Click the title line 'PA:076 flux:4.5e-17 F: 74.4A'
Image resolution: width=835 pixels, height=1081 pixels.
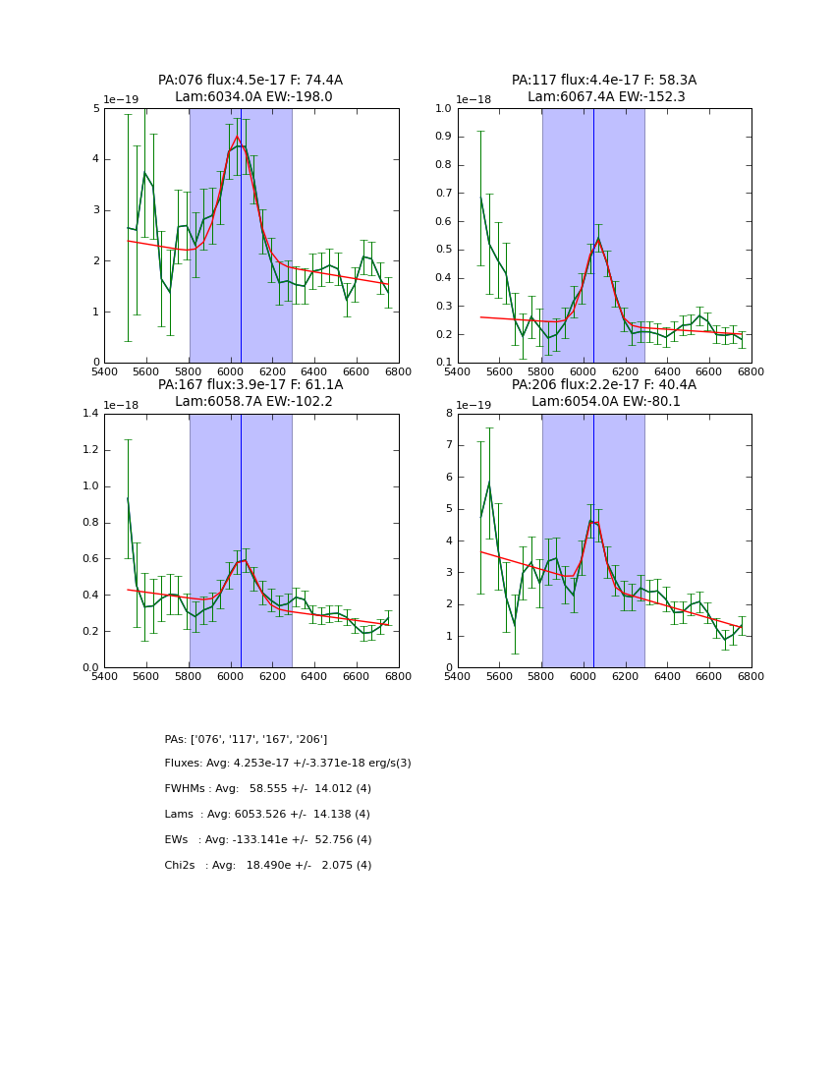[x=250, y=81]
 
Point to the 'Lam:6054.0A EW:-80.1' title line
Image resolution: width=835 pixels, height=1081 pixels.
[x=604, y=402]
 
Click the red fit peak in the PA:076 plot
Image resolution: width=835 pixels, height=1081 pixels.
[x=237, y=137]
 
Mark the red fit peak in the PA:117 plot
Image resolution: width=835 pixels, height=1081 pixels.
[x=598, y=238]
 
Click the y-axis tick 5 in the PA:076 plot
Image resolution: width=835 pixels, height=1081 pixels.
[x=94, y=108]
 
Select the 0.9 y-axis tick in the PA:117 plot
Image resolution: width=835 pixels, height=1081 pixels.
[x=443, y=137]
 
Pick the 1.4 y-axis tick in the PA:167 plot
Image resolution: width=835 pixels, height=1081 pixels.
[x=90, y=414]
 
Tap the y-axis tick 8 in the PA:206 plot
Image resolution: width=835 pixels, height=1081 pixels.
[x=448, y=414]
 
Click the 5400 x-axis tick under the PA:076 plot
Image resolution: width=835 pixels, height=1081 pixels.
[x=104, y=372]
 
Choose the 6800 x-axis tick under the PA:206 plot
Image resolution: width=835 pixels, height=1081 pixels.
[x=751, y=677]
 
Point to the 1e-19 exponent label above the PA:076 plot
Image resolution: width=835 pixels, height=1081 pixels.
[x=121, y=100]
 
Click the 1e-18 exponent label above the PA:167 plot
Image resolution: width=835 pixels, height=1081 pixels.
[x=121, y=405]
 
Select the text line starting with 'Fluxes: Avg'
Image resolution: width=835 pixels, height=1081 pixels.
[x=288, y=764]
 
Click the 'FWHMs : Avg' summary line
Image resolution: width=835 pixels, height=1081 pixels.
[x=267, y=789]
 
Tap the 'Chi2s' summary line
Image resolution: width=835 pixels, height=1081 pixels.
[x=267, y=866]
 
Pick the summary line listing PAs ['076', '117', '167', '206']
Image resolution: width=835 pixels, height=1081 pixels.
[x=246, y=739]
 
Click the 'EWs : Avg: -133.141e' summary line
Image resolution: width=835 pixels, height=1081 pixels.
[x=267, y=840]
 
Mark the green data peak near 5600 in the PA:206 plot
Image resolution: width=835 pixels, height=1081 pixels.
[x=489, y=483]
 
